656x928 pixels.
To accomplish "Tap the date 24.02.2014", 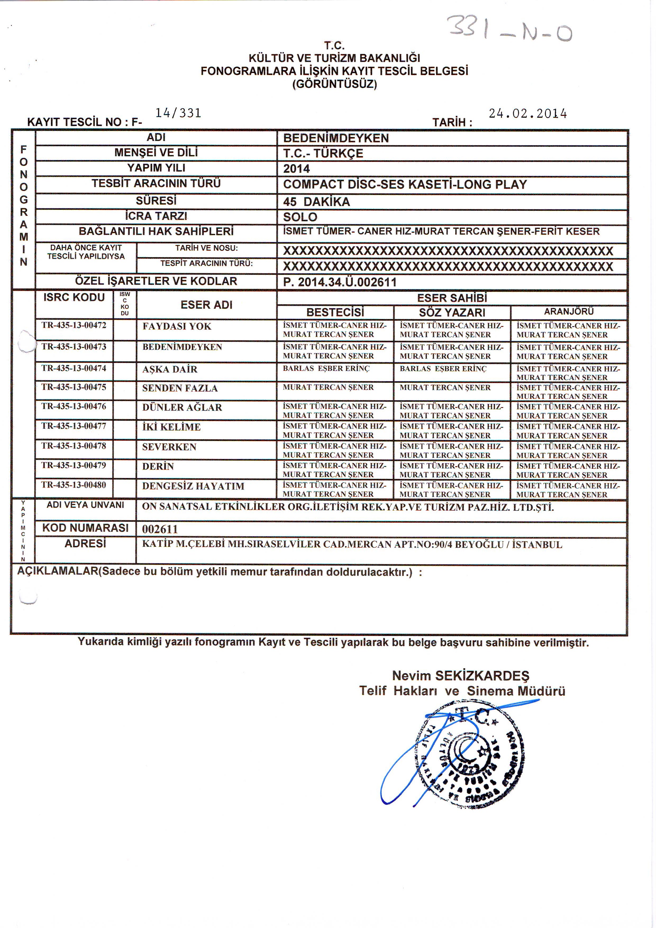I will (x=527, y=113).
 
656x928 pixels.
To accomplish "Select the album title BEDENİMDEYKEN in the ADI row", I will (x=336, y=138).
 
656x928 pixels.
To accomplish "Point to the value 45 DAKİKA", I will (x=316, y=202).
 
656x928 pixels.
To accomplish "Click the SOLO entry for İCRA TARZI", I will (x=300, y=217).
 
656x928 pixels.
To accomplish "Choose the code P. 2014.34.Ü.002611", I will (x=340, y=282).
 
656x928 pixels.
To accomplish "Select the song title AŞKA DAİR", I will (x=170, y=369).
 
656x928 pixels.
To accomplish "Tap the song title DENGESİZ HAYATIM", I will (x=193, y=486).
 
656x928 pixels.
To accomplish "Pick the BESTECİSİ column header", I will (x=335, y=312).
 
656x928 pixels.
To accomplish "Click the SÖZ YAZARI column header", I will (x=452, y=312).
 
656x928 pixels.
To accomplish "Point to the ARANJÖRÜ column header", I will (x=569, y=312).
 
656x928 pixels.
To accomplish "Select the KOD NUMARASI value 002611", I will (x=160, y=529).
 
